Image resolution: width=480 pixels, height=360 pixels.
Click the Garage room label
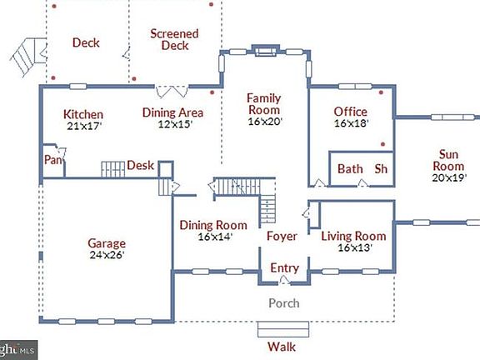click(x=107, y=243)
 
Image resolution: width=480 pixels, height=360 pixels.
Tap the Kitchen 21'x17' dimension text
click(x=83, y=127)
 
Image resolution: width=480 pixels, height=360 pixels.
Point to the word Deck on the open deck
click(x=86, y=43)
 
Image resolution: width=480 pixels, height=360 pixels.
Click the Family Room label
click(x=264, y=104)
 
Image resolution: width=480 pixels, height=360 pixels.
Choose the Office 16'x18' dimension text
click(x=351, y=123)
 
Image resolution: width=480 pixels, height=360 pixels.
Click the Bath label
click(x=350, y=169)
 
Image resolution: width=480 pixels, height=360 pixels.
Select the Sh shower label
click(x=381, y=169)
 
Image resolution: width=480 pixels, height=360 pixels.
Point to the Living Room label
click(x=353, y=236)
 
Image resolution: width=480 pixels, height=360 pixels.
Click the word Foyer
click(x=282, y=237)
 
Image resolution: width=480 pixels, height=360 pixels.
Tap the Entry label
click(x=283, y=268)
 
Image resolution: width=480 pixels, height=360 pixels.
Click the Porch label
click(x=283, y=303)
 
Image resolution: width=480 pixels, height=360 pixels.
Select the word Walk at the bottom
click(x=282, y=347)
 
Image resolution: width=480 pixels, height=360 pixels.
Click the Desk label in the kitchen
click(x=140, y=166)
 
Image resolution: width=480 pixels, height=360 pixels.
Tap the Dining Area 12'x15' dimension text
click(x=174, y=124)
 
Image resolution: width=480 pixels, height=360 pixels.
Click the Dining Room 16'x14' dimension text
click(x=214, y=237)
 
